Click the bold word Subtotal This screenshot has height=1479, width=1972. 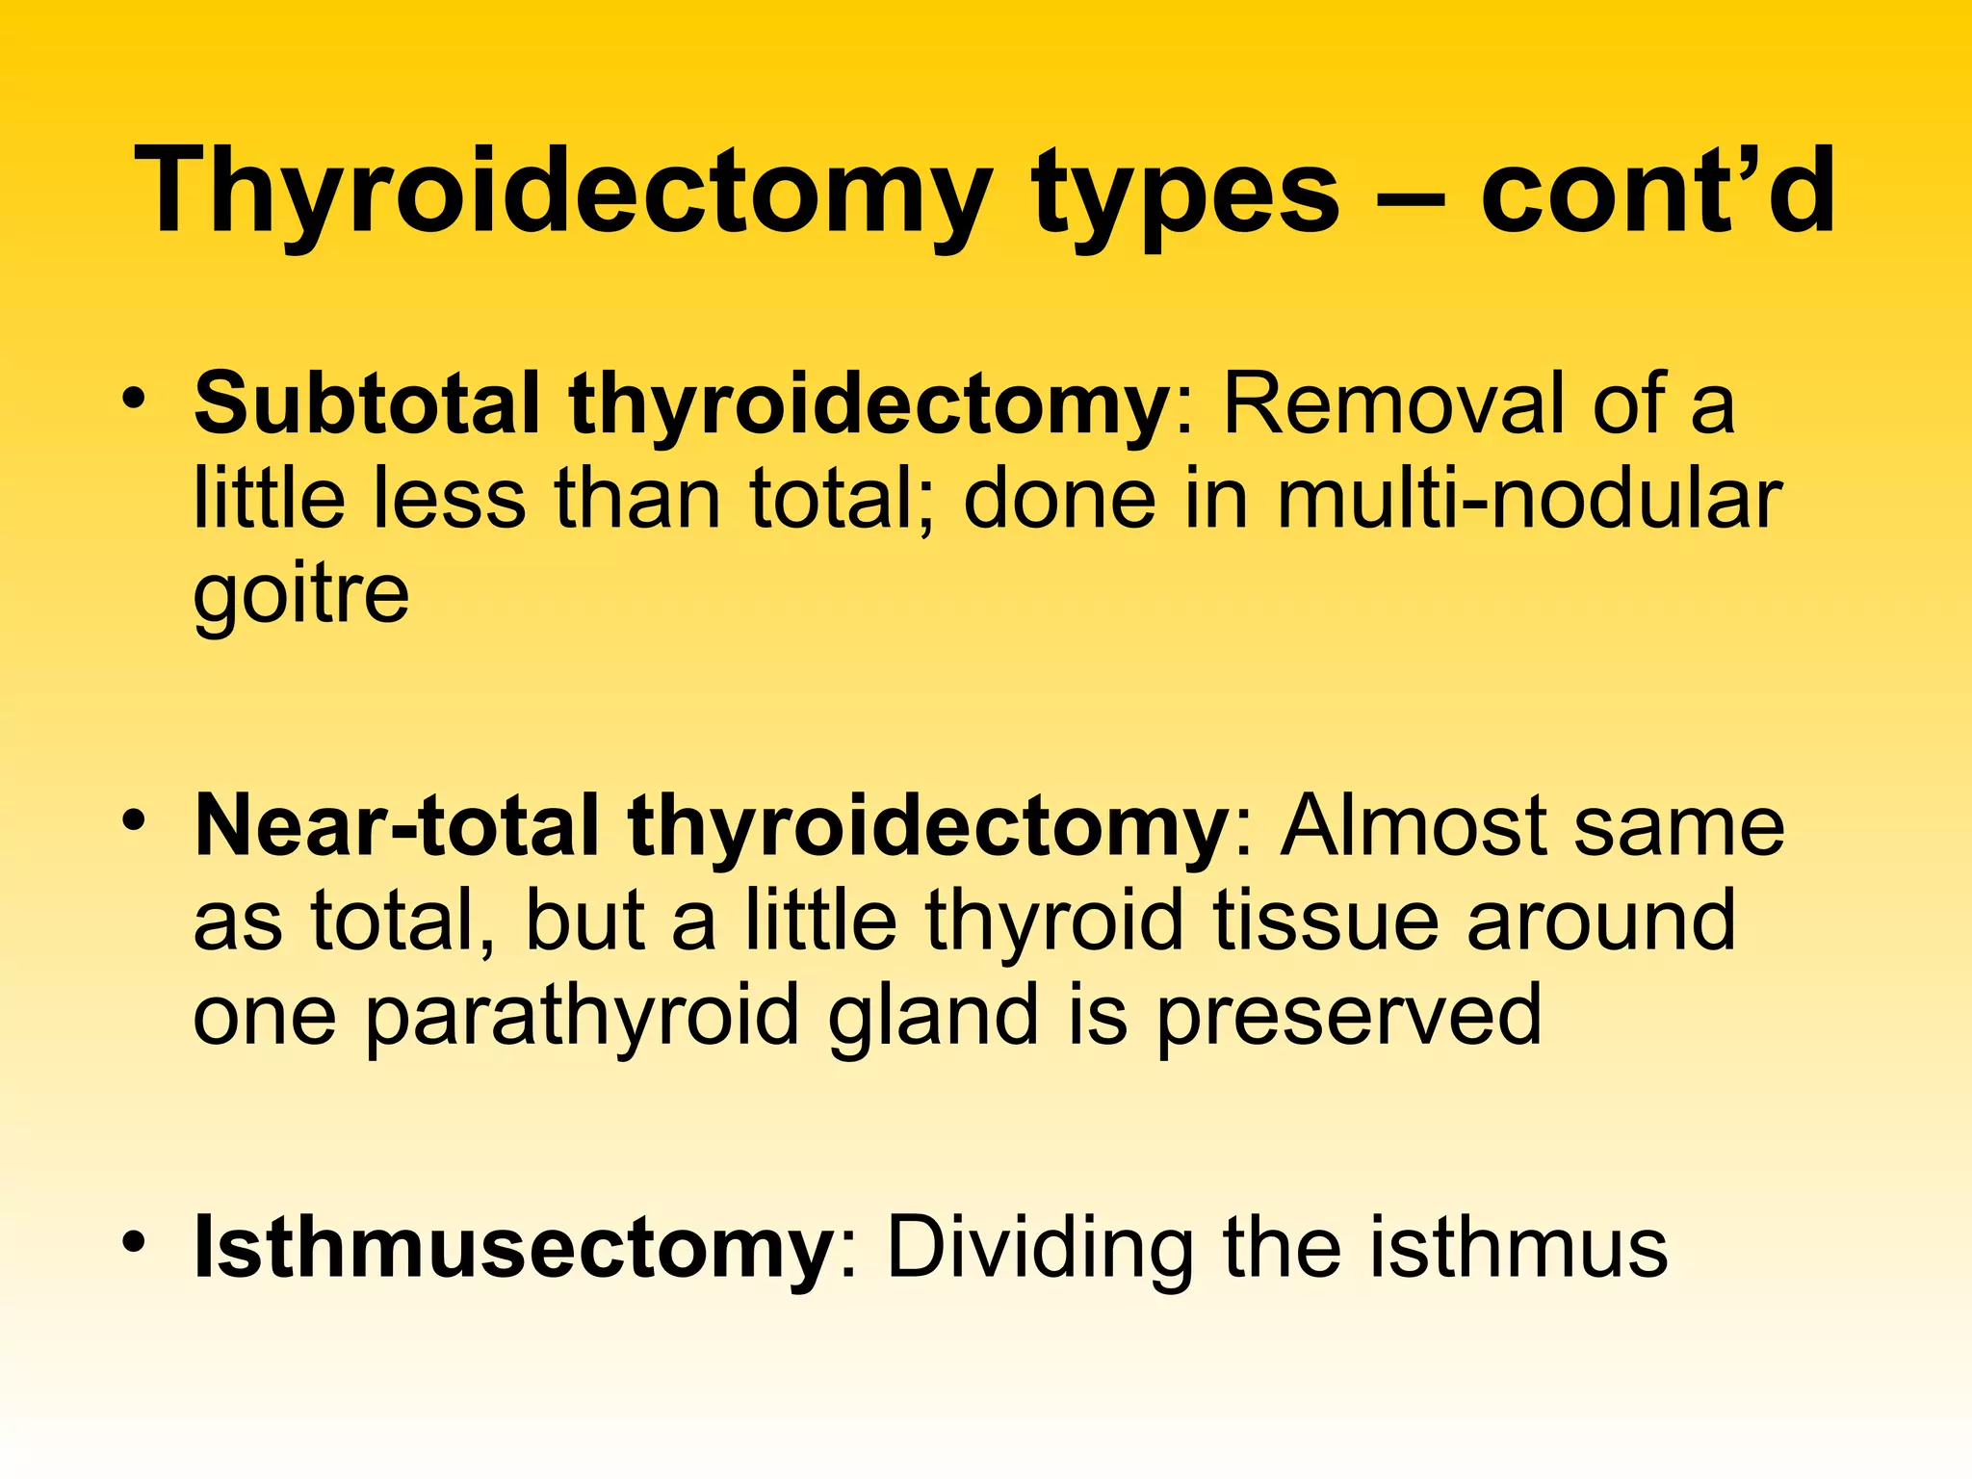point(367,404)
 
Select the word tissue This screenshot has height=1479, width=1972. point(1325,921)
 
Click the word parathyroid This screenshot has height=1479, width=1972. point(583,1017)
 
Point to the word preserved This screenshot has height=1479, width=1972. point(1349,1017)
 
